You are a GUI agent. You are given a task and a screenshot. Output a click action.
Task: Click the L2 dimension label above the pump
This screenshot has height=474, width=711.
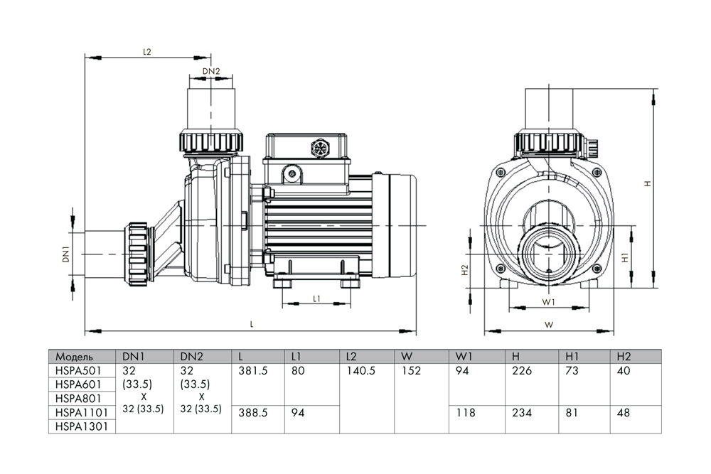click(x=147, y=52)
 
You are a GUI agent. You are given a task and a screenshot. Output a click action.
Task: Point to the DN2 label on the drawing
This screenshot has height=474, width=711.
click(x=211, y=70)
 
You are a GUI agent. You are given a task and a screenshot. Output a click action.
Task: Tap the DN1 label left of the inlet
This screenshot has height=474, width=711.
click(x=65, y=254)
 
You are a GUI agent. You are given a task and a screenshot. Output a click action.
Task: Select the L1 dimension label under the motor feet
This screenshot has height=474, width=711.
click(x=317, y=298)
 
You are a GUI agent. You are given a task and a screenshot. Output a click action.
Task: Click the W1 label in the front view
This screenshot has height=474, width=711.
click(x=548, y=302)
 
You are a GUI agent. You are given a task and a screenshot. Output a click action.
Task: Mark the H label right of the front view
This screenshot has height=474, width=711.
click(x=647, y=183)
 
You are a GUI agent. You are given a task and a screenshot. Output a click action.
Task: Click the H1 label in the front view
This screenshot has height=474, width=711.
click(x=626, y=258)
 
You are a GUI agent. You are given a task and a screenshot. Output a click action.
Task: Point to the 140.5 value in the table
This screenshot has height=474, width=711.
click(x=360, y=370)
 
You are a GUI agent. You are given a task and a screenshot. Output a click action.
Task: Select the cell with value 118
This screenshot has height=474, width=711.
click(x=463, y=412)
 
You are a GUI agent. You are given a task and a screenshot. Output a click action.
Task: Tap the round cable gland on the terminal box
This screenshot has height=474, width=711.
click(x=319, y=149)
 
